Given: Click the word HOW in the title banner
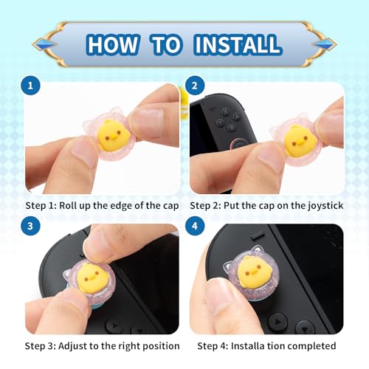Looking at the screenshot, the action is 112,44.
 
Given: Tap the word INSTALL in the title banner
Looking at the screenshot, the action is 238,44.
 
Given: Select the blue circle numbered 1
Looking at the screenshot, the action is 30,86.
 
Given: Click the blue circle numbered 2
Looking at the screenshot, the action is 195,86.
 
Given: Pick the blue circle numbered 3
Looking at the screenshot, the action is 30,226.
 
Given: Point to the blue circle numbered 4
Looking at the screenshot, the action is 195,226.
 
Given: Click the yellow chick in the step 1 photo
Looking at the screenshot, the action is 114,137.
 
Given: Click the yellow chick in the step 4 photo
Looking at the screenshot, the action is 255,272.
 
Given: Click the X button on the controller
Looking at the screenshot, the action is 224,111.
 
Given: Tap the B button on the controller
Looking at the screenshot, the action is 232,127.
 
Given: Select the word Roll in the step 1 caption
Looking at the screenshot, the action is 67,205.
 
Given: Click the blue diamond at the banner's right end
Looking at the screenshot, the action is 325,44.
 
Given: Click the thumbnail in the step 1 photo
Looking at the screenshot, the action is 147,123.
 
